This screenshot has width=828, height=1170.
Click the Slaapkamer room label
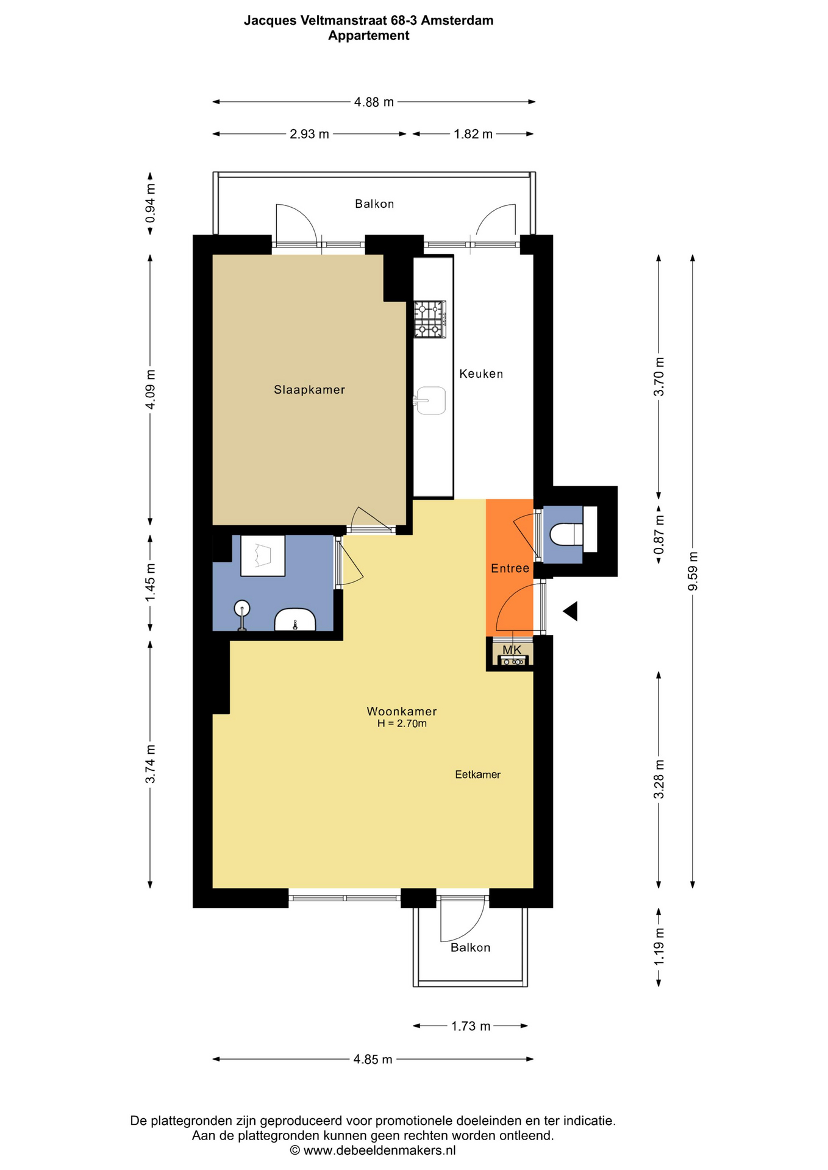pos(309,390)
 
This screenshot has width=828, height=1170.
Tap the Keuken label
pos(481,374)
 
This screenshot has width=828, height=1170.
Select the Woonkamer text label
pos(402,711)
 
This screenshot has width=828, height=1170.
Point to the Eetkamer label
pos(478,775)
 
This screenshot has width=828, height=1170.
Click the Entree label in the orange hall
pos(510,569)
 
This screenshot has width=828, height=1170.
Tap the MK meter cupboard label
pos(512,650)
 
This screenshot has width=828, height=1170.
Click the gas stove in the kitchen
pos(430,319)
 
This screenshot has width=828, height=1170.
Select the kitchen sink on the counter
pos(430,400)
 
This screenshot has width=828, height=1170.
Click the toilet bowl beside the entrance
pos(566,535)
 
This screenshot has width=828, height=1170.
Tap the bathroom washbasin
pos(295,620)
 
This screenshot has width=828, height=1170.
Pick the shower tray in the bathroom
pos(263,555)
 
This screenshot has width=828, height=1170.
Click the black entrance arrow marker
pos(570,611)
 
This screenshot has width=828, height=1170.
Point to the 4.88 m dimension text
pos(374,102)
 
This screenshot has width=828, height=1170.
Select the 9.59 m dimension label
pos(693,571)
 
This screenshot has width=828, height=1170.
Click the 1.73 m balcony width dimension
pos(471,1026)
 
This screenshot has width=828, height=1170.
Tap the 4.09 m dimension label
pos(151,389)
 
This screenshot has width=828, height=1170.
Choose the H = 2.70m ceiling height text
pos(402,724)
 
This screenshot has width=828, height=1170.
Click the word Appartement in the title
pos(369,35)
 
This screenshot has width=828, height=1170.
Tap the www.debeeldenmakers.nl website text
pos(379,1150)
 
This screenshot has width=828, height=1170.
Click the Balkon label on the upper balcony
pos(374,204)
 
